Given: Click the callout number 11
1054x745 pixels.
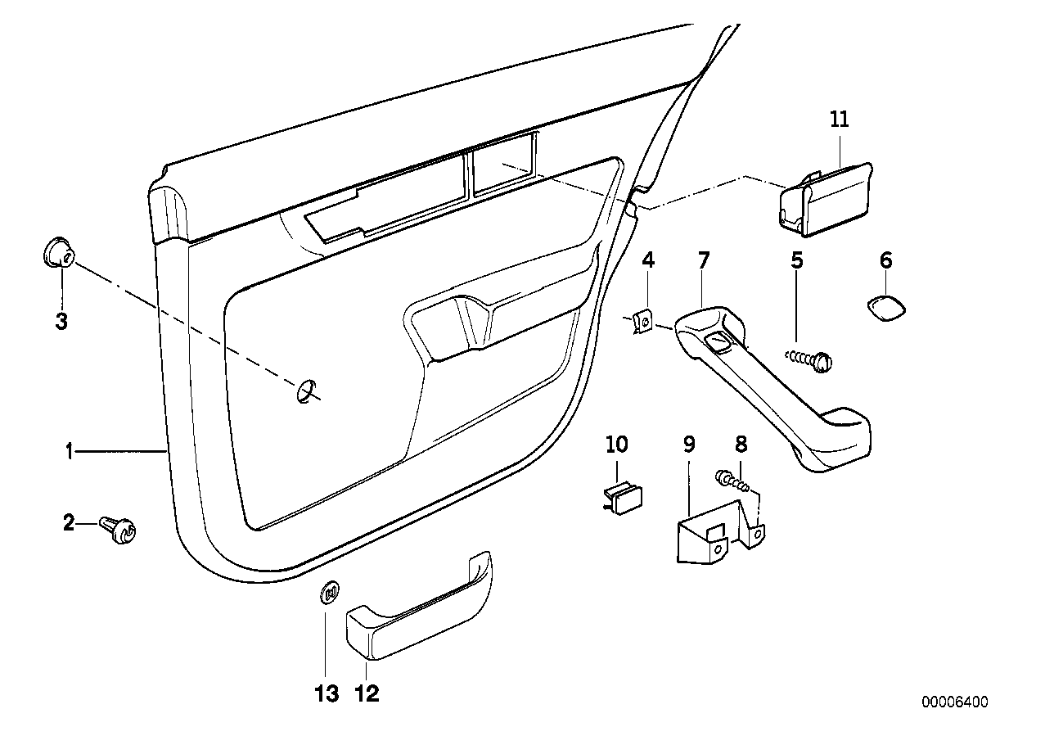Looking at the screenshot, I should click(840, 120).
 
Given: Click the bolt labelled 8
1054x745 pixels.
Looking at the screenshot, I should click(730, 478).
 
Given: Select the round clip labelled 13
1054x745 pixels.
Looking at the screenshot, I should click(329, 593).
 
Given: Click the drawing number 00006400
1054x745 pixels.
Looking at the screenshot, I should click(955, 702).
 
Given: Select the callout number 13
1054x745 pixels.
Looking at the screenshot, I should click(326, 694).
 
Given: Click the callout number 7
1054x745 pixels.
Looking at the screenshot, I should click(704, 260).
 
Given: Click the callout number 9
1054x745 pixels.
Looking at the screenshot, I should click(688, 445).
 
